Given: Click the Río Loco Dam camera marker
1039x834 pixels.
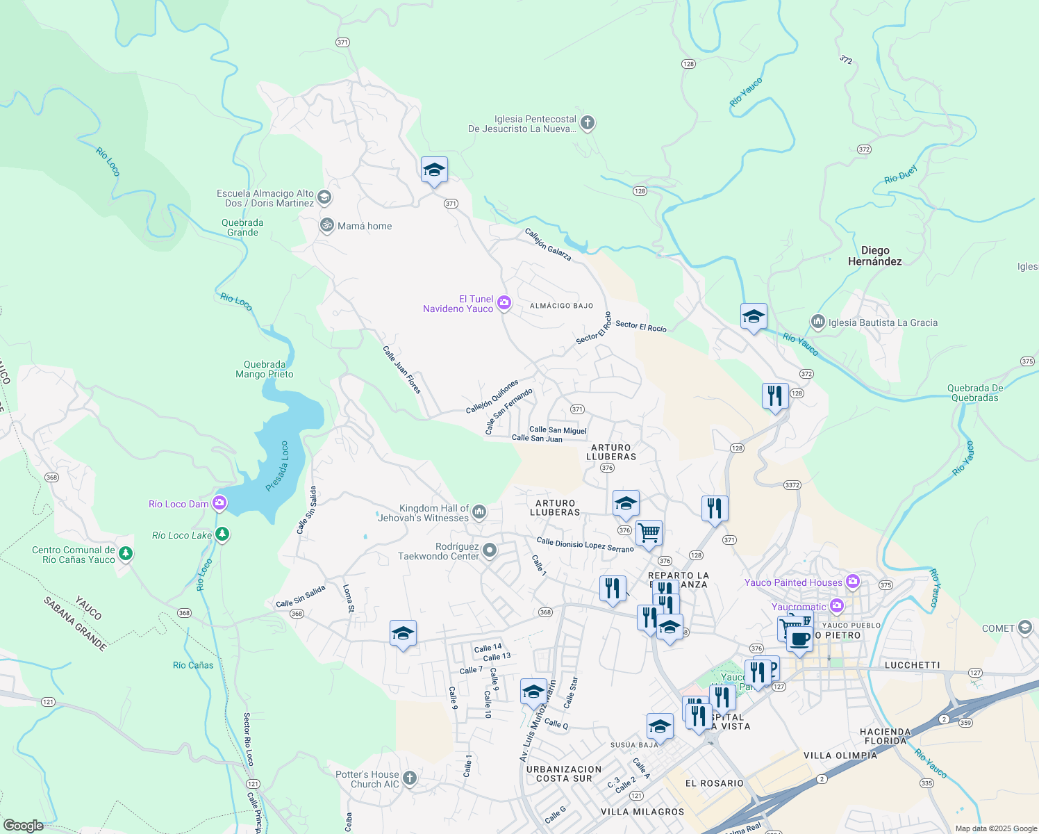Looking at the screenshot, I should [x=219, y=503].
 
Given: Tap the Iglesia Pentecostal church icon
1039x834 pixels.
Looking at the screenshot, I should [x=588, y=124].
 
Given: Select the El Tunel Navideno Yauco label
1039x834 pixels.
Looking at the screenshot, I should [x=458, y=304].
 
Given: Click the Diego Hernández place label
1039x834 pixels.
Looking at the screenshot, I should [x=874, y=256].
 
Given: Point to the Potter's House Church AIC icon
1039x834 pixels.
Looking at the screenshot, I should [x=410, y=778].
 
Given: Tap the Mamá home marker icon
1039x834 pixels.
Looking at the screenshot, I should [x=326, y=226].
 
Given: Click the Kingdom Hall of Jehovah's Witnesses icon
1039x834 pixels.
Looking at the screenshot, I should [x=479, y=513].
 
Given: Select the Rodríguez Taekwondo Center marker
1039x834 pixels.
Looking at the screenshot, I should [x=490, y=551].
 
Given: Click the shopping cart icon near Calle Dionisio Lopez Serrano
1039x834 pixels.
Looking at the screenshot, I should [x=649, y=533].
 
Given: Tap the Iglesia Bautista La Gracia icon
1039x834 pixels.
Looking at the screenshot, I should [x=817, y=322].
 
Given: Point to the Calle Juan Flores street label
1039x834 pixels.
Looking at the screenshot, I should [x=402, y=370].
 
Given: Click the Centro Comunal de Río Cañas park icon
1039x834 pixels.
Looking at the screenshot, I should [x=126, y=554].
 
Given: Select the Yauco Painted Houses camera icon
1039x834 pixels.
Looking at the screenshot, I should [x=853, y=582].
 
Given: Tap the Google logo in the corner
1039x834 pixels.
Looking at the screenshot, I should [x=24, y=825].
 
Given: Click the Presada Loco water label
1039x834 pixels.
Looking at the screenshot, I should [x=277, y=466].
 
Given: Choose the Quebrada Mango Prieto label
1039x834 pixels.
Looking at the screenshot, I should [x=265, y=369].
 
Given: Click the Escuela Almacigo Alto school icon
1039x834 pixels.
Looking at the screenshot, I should [x=324, y=199].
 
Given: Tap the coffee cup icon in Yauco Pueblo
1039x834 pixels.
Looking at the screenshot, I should [x=799, y=638].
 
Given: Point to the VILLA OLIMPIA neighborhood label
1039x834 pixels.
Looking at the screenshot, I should [x=840, y=755].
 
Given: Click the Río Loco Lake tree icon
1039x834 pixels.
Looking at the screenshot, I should [x=222, y=534].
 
